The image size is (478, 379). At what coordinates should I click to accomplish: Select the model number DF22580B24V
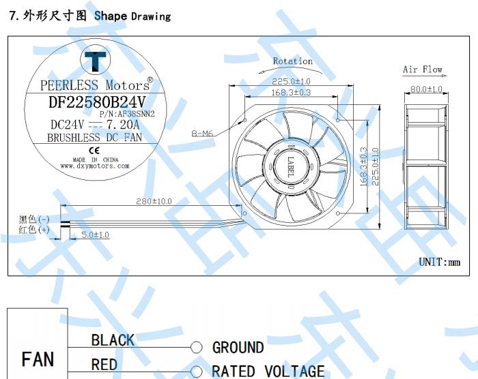pyautogui.click(x=97, y=102)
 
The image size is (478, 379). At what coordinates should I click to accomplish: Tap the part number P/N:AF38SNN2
pyautogui.click(x=127, y=114)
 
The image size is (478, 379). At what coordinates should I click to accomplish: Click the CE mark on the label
pyautogui.click(x=94, y=151)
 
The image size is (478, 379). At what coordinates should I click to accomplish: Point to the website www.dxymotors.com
pyautogui.click(x=95, y=166)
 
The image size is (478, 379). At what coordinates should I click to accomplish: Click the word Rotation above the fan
pyautogui.click(x=293, y=61)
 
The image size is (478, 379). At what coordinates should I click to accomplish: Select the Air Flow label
pyautogui.click(x=423, y=70)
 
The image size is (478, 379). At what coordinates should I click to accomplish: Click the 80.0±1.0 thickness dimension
pyautogui.click(x=426, y=89)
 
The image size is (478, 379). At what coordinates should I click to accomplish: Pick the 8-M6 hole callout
pyautogui.click(x=202, y=133)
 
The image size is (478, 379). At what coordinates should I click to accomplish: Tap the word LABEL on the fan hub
pyautogui.click(x=291, y=166)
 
